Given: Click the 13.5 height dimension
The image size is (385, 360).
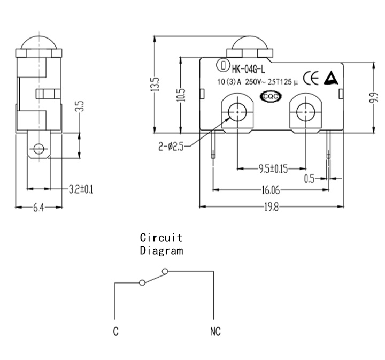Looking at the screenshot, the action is [x=155, y=85].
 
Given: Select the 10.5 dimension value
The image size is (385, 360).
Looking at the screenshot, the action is [x=182, y=95].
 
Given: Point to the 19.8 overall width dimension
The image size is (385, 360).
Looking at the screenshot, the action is [x=272, y=208].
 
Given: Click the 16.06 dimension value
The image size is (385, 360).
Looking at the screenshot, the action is [x=271, y=190].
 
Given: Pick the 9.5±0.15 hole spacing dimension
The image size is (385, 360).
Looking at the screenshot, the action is [x=273, y=169].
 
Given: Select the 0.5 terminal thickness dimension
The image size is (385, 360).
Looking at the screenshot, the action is [x=310, y=179].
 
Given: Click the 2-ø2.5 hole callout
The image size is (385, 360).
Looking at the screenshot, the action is [x=171, y=147].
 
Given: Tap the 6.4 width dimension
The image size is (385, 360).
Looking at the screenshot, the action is [x=38, y=208].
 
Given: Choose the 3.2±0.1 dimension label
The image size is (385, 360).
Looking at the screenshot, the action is [x=81, y=189].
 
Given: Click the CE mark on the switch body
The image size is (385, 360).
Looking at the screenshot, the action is [x=311, y=78].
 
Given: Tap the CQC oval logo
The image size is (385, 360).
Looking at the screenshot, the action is [x=271, y=96].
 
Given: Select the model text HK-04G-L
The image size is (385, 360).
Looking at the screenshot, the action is [x=249, y=70].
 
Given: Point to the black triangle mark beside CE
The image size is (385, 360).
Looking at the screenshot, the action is [x=331, y=78].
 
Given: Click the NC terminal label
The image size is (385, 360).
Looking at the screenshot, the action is [x=215, y=332].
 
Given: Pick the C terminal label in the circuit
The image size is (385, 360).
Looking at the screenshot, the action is [x=116, y=332].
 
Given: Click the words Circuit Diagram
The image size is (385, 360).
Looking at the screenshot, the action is [x=161, y=244].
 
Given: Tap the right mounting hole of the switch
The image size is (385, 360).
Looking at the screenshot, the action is [x=305, y=112].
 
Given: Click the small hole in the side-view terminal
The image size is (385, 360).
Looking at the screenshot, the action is [x=38, y=149].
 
